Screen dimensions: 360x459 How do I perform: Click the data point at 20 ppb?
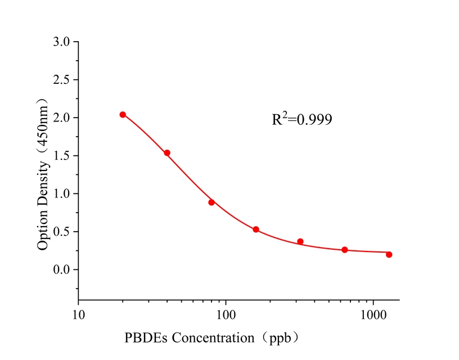click(123, 115)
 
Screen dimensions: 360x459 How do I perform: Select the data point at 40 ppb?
click(167, 153)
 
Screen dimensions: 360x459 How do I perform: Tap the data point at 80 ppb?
click(211, 202)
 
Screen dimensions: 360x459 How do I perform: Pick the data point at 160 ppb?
click(256, 229)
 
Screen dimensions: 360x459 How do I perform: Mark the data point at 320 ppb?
click(300, 241)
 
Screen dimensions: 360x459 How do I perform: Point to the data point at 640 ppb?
click(345, 250)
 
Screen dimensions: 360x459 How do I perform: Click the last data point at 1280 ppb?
click(389, 254)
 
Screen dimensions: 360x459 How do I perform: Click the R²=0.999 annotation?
click(302, 119)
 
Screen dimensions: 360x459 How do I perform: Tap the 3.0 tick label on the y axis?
click(62, 42)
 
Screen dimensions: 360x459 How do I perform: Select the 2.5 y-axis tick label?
click(62, 80)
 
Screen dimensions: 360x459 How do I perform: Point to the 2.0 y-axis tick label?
click(62, 118)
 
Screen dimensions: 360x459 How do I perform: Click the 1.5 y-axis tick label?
click(62, 156)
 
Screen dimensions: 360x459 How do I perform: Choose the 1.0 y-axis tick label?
click(62, 193)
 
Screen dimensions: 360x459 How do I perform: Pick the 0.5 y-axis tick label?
click(62, 232)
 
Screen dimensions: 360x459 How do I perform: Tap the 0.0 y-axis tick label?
click(62, 269)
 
